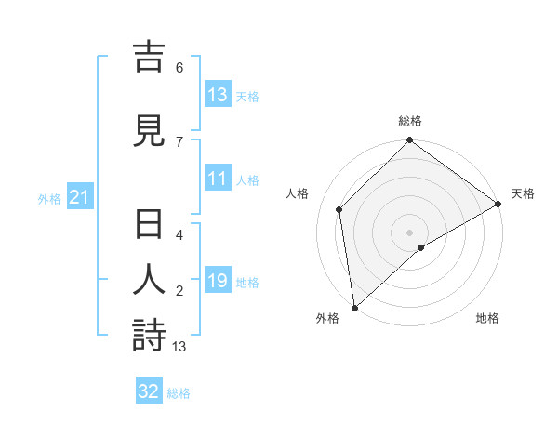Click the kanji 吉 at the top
(149, 57)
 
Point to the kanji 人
(149, 282)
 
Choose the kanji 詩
(149, 336)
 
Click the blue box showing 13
(218, 95)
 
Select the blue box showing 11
(218, 179)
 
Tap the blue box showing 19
(218, 281)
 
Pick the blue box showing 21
(79, 197)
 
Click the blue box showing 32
(149, 391)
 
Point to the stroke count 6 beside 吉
(179, 67)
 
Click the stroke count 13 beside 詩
(179, 347)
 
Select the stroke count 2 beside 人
(179, 291)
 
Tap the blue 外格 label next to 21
(49, 198)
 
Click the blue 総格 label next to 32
(179, 392)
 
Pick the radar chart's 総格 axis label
(410, 121)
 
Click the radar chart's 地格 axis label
(487, 318)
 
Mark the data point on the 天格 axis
(498, 205)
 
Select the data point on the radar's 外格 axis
(354, 307)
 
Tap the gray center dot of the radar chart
(410, 232)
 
